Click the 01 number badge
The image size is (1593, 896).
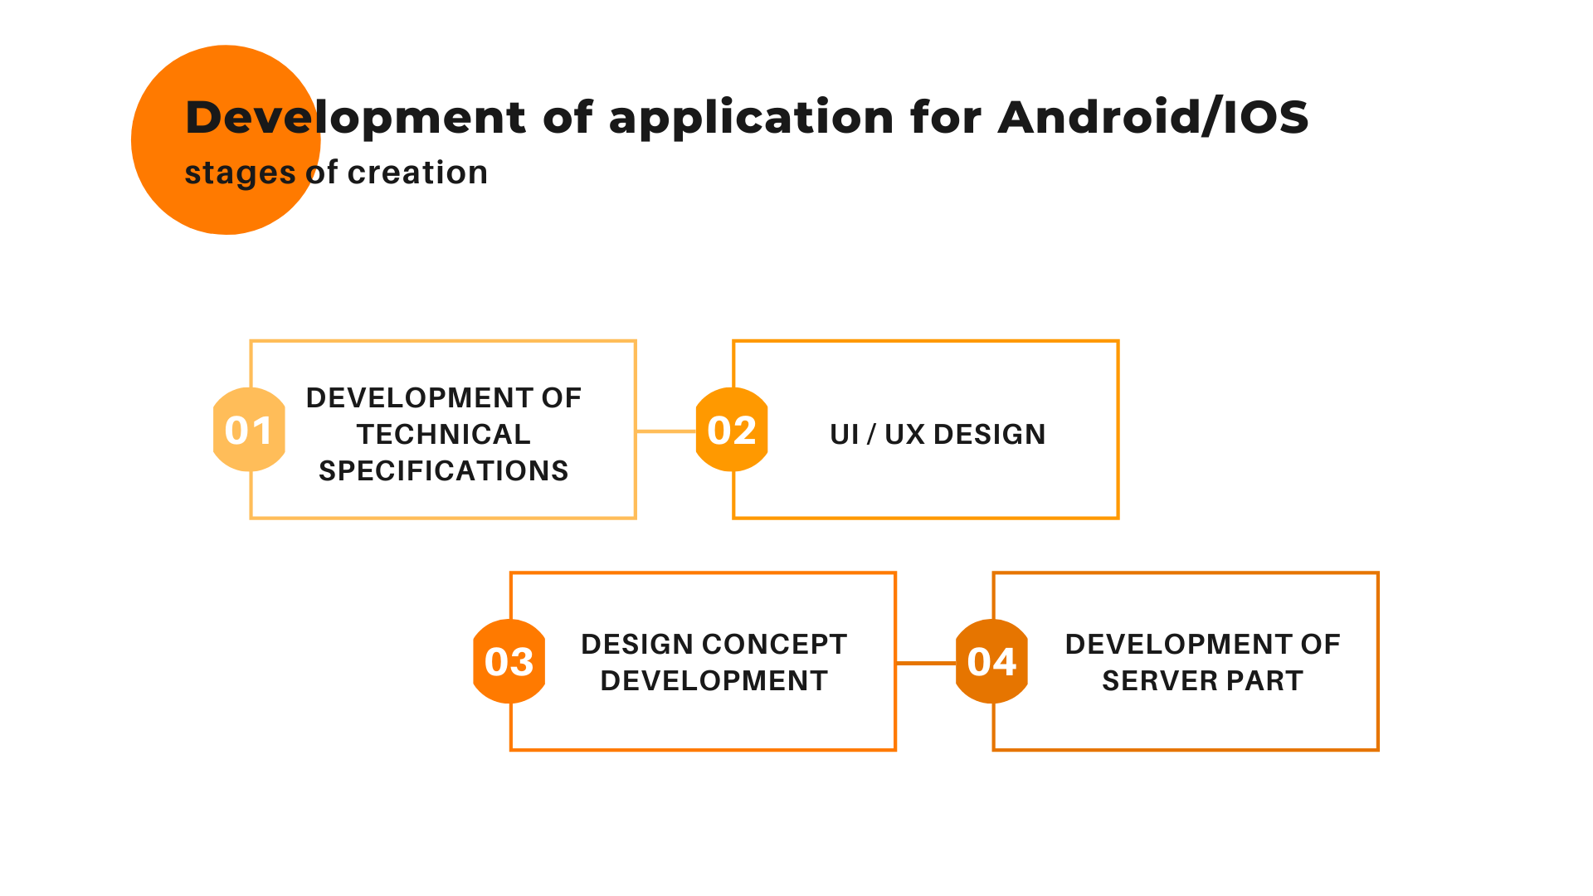249,430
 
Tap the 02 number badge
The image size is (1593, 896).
732,430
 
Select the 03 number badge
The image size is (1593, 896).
509,661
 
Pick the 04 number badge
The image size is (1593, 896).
991,661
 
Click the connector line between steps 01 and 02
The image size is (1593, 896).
666,431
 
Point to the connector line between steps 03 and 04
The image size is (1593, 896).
926,663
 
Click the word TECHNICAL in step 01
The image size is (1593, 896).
444,434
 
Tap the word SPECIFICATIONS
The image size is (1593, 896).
444,470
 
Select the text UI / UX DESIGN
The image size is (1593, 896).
938,434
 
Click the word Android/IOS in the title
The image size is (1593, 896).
1153,116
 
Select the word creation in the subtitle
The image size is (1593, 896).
417,173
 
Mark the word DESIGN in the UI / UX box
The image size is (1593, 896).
989,434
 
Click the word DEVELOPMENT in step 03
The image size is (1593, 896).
714,680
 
